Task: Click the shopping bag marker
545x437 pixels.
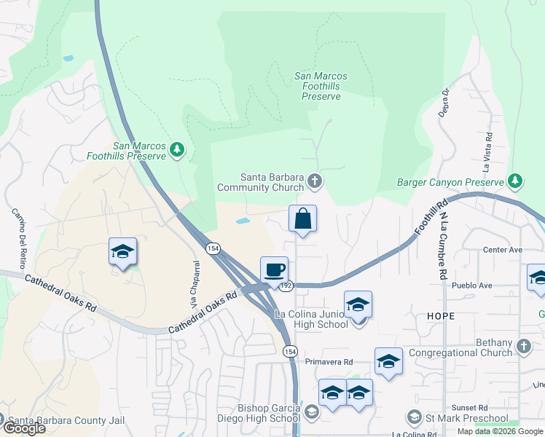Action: pos(302,219)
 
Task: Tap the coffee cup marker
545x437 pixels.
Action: pos(274,270)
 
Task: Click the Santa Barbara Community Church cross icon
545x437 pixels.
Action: pos(314,181)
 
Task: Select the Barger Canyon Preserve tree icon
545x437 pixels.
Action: pos(515,181)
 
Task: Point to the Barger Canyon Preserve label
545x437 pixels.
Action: pos(450,182)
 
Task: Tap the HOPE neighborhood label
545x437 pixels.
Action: pos(442,316)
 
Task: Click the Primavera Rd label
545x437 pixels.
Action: pos(329,361)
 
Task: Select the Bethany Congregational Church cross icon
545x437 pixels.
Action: pos(523,345)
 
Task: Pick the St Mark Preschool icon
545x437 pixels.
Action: pos(414,417)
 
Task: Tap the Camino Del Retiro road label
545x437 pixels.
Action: pos(18,236)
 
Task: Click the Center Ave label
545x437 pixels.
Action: pos(503,250)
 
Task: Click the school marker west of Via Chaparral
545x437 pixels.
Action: pos(122,252)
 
